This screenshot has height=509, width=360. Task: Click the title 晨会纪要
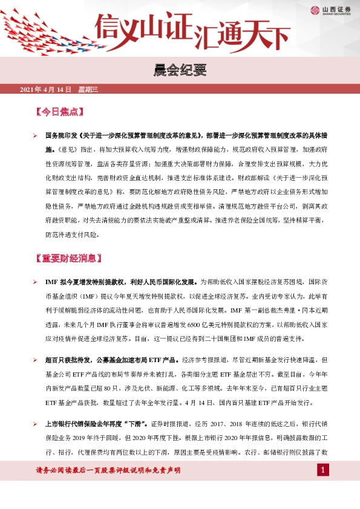[x=180, y=72]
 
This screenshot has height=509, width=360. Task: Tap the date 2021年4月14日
[x=45, y=90]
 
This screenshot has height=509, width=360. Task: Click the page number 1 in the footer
[x=324, y=470]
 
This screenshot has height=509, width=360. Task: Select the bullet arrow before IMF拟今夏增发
[x=35, y=282]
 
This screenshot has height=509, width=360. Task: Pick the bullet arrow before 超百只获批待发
[x=35, y=358]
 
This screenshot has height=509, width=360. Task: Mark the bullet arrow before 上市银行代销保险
[x=35, y=421]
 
